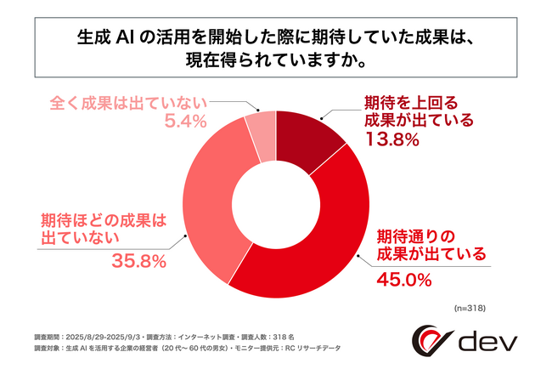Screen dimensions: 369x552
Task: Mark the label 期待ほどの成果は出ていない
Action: [103, 228]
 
